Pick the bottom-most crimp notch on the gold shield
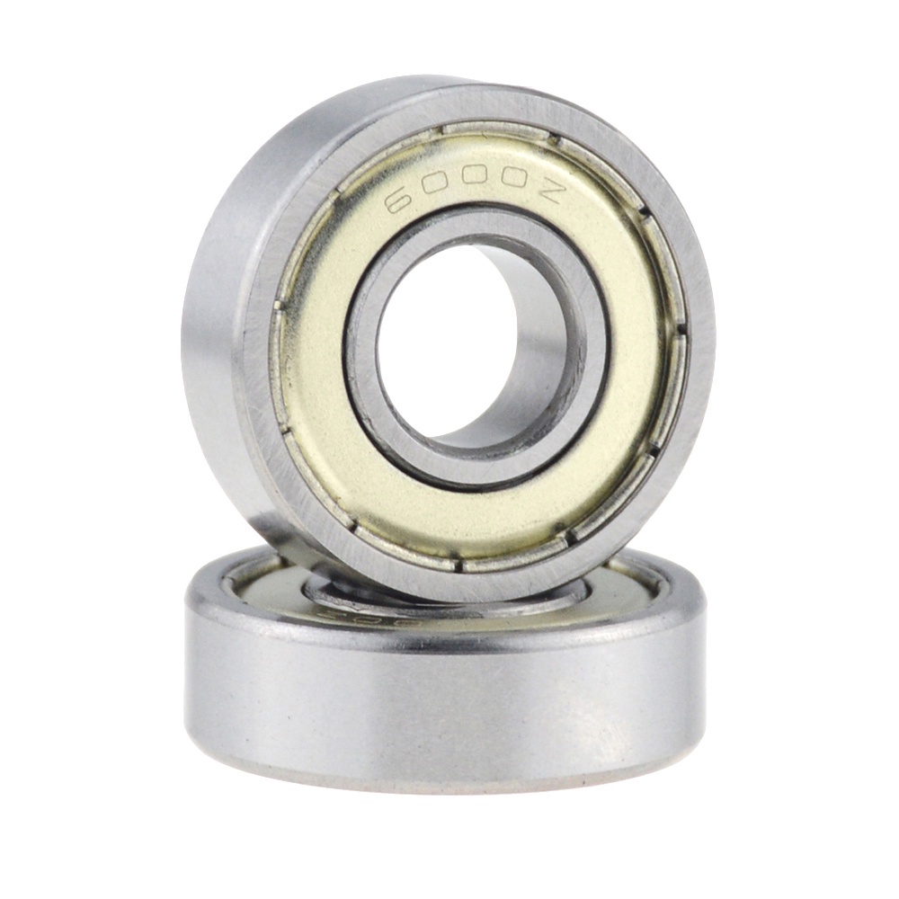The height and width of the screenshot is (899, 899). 458,565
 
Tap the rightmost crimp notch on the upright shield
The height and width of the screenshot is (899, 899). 681,328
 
